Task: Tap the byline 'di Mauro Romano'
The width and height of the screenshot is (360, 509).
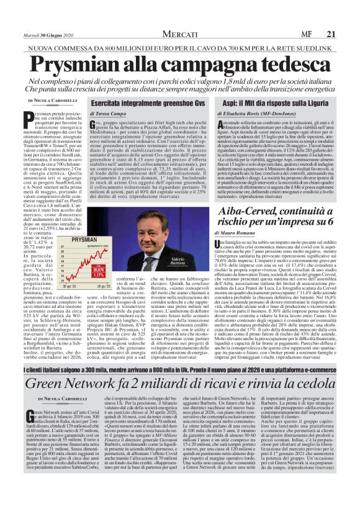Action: coord(241,233)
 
